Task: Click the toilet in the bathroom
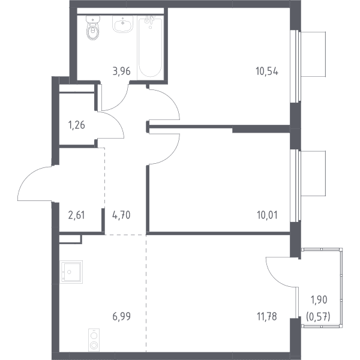(93, 28)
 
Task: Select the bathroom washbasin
(122, 24)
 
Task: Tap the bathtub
(151, 47)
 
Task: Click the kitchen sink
(71, 272)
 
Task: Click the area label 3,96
(121, 71)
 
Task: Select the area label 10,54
(267, 71)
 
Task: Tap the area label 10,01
(267, 215)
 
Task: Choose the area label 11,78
(267, 317)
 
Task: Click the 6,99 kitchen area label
(121, 317)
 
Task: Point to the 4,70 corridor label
(121, 215)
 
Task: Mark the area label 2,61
(76, 215)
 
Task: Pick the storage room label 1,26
(76, 125)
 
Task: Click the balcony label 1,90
(319, 299)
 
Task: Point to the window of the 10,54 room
(295, 67)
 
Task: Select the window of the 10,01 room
(295, 186)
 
